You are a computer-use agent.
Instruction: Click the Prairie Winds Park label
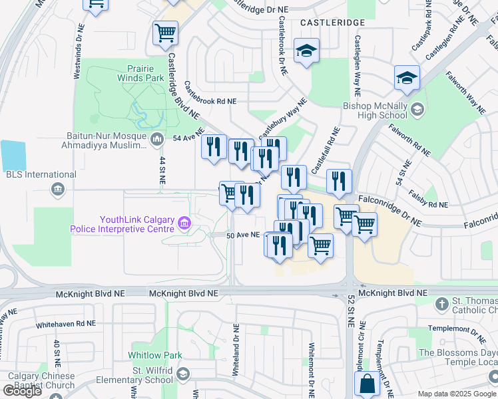(145, 73)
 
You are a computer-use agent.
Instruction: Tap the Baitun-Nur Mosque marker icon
(157, 138)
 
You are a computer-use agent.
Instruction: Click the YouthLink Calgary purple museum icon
(184, 225)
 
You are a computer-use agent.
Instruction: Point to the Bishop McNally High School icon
(417, 109)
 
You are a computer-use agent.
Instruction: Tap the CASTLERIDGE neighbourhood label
(332, 23)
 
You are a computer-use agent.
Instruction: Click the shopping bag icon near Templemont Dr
(367, 384)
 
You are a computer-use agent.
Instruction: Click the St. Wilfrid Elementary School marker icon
(184, 374)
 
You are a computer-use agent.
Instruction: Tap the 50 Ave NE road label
(242, 235)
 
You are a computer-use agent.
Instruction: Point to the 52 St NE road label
(350, 311)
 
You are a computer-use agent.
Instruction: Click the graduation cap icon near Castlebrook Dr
(306, 51)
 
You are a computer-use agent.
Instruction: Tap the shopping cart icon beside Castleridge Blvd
(165, 33)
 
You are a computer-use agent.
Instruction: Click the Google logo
(22, 391)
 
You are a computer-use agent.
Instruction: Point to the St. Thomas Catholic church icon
(441, 305)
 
